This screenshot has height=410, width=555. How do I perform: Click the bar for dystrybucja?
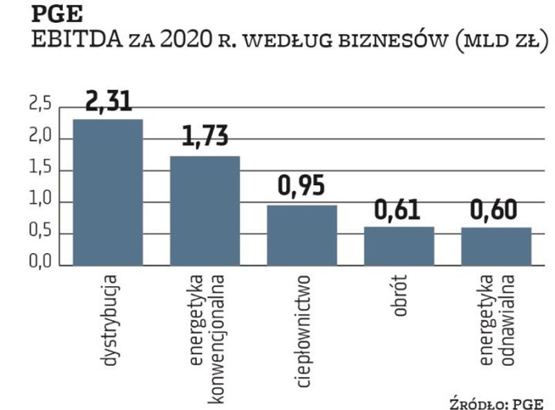108,192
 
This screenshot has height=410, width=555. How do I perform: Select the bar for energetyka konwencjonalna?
205,211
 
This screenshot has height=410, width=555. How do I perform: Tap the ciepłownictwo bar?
302,235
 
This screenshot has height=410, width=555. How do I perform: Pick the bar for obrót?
399,245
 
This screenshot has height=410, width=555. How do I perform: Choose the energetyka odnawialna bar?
496,246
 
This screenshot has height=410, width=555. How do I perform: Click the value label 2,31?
108,102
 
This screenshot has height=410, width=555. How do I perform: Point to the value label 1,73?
205,138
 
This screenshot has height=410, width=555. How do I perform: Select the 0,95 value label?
302,187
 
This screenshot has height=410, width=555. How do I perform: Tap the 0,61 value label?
399,209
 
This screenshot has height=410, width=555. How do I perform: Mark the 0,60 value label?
496,209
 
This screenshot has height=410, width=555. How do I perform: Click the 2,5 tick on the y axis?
40,107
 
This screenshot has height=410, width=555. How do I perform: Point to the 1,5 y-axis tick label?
40,171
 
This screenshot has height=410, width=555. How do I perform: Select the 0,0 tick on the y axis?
40,265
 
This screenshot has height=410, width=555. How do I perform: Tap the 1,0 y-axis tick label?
40,202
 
